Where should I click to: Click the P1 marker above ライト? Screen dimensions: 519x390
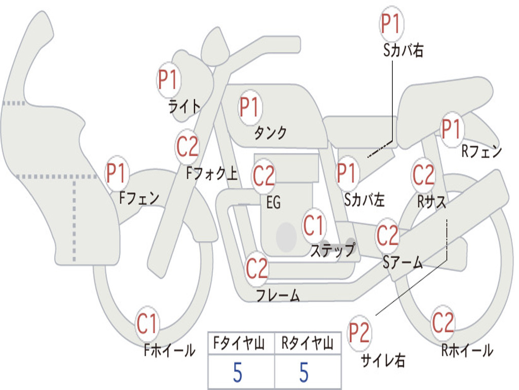(169, 80)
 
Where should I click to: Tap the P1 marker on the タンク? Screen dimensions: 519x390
(250, 107)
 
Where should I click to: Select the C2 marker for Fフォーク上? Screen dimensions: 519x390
(188, 147)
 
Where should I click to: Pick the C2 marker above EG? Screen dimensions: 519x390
(264, 176)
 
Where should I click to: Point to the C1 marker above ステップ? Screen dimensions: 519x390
(313, 225)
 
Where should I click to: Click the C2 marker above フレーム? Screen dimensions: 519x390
(257, 268)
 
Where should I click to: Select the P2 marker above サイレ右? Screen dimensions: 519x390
(359, 333)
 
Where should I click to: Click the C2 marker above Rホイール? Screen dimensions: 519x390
(443, 322)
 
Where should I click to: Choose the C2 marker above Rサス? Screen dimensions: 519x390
(423, 175)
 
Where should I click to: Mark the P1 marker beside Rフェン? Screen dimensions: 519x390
(452, 129)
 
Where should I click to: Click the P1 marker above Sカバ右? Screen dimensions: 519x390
(392, 23)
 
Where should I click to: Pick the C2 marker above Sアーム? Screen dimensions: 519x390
(387, 235)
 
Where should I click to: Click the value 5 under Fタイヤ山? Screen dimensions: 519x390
(238, 372)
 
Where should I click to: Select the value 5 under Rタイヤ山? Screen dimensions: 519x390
(304, 372)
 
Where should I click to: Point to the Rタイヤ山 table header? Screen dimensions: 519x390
(307, 343)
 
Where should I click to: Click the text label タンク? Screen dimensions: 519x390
(271, 133)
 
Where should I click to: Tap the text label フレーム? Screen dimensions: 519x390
(278, 295)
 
